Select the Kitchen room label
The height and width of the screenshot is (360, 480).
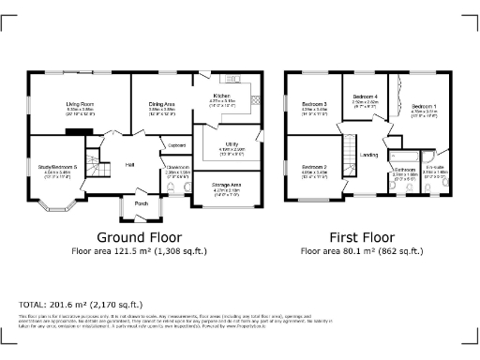point(221,96)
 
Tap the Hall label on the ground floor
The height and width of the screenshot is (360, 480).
point(129,165)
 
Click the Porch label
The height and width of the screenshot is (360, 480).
point(142,202)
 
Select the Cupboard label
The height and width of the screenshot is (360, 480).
point(175,145)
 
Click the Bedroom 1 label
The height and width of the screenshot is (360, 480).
point(425,107)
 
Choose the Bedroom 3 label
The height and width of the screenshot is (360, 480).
point(314,104)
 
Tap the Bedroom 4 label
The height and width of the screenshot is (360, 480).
point(366,97)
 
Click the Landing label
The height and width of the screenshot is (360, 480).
point(370,155)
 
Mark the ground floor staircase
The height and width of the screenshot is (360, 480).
point(112,141)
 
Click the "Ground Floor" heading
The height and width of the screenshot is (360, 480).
point(140,237)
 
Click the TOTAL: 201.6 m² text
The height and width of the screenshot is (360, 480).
point(81,305)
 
